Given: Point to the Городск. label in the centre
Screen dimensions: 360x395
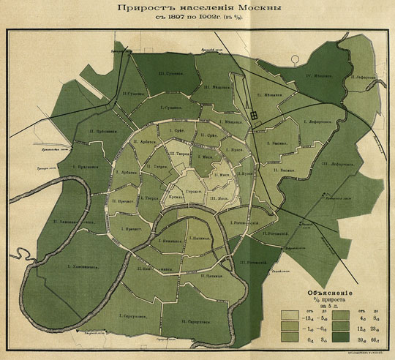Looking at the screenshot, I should coord(194,191).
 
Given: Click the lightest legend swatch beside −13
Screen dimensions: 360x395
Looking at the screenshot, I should coord(290,315).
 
